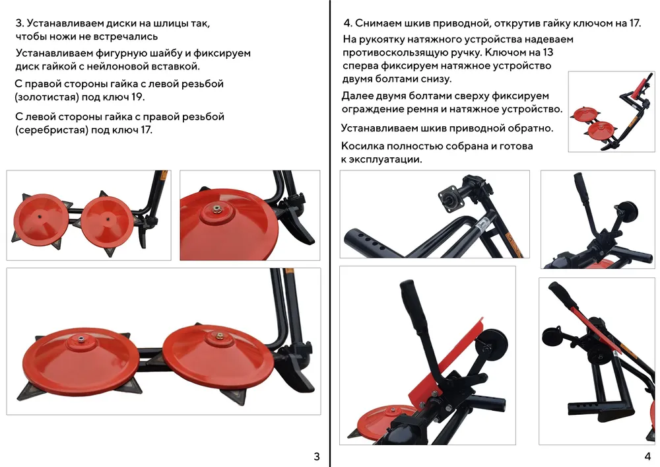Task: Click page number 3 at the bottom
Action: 317,456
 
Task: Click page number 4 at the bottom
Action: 647,456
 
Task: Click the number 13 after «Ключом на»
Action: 548,52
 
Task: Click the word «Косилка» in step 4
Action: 362,146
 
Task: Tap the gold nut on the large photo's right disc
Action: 218,335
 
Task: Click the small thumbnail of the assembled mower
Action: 611,111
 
